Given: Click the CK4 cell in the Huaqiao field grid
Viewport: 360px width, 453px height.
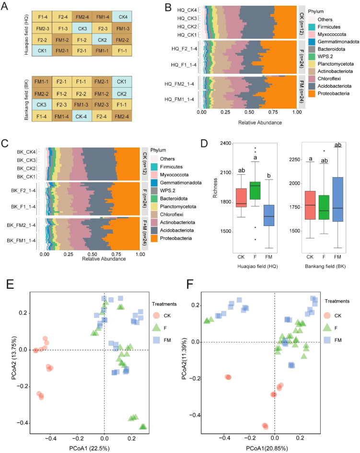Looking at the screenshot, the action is click(x=122, y=17).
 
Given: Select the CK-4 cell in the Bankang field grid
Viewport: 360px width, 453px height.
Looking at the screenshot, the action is click(x=82, y=116).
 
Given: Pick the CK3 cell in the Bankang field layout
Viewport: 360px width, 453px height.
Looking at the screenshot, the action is click(x=42, y=104).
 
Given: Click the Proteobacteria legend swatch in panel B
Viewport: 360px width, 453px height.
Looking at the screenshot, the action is click(x=312, y=93).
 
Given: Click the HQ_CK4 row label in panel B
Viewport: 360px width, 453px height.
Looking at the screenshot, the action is click(x=187, y=10).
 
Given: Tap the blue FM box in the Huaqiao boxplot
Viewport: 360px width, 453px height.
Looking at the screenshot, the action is click(x=269, y=215).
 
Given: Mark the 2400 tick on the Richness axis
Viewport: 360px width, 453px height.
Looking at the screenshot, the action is click(x=226, y=143).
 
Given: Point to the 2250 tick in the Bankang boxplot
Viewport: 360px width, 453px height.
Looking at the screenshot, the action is click(x=295, y=160).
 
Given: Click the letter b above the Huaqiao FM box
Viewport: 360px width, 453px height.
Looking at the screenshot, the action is click(x=269, y=176).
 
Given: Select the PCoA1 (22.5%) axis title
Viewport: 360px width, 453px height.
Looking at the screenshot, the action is click(x=89, y=448).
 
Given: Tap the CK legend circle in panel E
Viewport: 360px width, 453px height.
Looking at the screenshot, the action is click(x=156, y=316).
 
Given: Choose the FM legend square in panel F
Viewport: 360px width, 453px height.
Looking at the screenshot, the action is click(x=327, y=340).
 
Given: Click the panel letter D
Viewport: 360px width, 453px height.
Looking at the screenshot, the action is click(x=204, y=143).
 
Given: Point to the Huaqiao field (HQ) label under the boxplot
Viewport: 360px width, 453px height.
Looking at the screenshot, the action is click(x=257, y=266).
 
